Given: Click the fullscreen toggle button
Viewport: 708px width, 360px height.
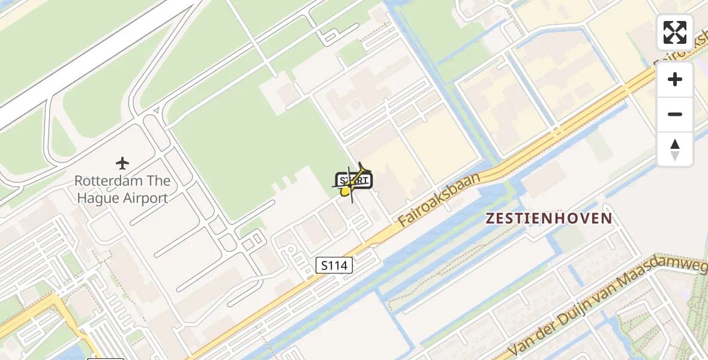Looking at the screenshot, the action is tap(675, 32).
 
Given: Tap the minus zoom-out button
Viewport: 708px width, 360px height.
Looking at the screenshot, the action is tap(675, 114).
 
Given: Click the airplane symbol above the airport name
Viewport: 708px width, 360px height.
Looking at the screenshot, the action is tap(123, 163).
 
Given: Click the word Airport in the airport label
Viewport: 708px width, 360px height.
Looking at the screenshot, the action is tap(145, 198).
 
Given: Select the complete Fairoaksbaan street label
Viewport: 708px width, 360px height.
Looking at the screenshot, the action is tap(440, 200).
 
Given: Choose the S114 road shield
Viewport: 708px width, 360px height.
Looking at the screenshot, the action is tap(334, 265).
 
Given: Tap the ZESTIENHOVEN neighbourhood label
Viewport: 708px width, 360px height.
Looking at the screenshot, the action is tap(549, 218).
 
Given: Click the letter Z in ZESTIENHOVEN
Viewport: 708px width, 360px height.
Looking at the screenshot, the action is tap(490, 218).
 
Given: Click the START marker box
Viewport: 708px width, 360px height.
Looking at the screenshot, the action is tap(355, 180).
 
